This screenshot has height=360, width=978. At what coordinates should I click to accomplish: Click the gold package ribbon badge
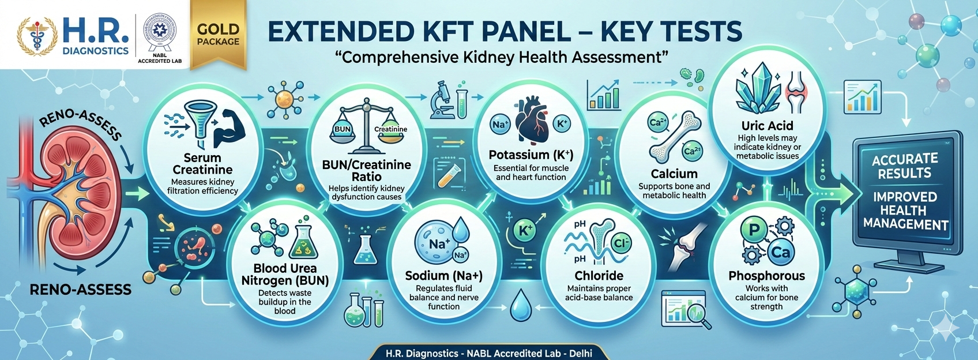coord(218,35)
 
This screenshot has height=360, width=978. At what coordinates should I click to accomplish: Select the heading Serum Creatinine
coord(202,164)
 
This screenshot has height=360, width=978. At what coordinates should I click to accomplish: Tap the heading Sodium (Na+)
coord(443,276)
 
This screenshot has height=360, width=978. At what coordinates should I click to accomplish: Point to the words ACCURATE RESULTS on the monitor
coord(905,166)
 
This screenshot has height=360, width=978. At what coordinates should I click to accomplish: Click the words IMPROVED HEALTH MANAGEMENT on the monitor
coord(905,211)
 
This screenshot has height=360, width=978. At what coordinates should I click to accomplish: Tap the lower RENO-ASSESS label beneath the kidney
coord(80,289)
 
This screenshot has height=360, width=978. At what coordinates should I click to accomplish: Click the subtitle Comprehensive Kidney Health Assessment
coord(501,57)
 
